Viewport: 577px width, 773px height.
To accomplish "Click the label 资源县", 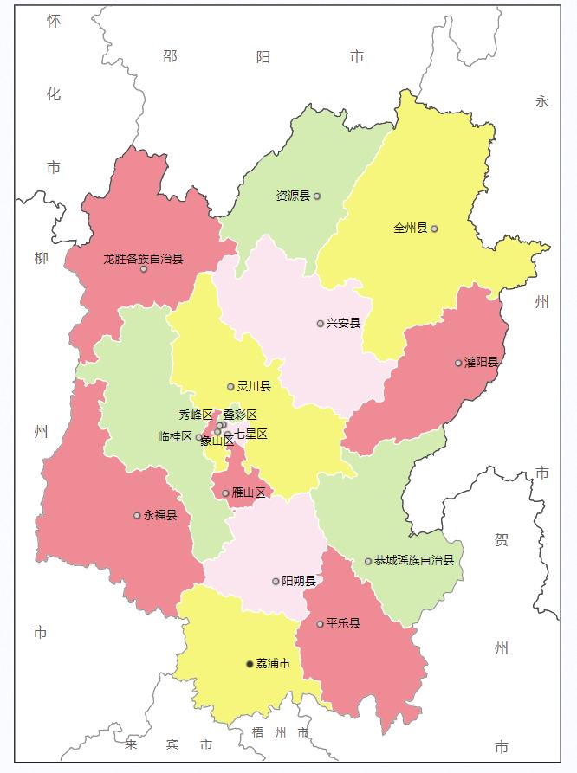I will click(x=293, y=196).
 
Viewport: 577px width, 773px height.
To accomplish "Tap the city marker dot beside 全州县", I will click(x=434, y=229).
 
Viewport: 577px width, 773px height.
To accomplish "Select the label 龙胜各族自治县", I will click(x=143, y=258).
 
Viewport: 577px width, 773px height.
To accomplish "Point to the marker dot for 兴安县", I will click(x=321, y=324).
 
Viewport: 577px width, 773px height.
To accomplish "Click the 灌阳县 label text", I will click(x=482, y=362).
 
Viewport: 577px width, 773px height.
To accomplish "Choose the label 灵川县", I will click(x=254, y=386).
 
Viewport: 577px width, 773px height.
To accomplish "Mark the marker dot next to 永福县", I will click(x=137, y=516).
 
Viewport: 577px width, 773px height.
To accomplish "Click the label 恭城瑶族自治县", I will click(x=414, y=561).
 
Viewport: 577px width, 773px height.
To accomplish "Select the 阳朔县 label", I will click(x=299, y=582).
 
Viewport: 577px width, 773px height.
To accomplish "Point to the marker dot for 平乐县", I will click(x=320, y=624).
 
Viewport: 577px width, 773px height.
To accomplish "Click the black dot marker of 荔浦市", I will click(x=250, y=664).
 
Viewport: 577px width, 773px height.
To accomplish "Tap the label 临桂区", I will click(x=175, y=436).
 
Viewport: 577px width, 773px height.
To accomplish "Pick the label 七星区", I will click(x=250, y=434).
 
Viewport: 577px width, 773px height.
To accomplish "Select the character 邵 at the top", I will click(x=170, y=57).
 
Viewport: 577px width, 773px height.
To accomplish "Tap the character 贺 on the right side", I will click(x=502, y=540).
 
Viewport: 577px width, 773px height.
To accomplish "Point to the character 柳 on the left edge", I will click(x=41, y=258).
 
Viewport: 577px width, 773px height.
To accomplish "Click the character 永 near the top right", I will click(x=542, y=101).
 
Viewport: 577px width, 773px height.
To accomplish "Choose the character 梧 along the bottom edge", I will click(x=257, y=733).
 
